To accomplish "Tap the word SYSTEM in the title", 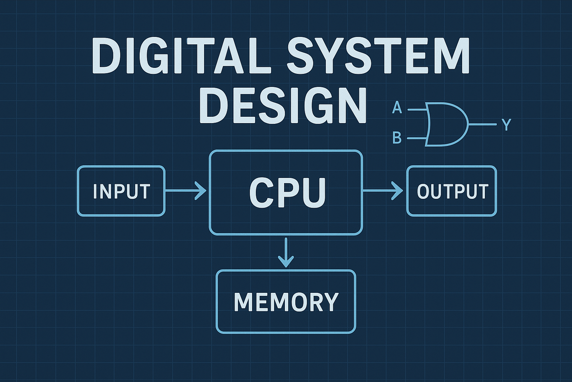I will [x=378, y=56].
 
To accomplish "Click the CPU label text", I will [x=287, y=192].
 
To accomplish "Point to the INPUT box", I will [x=121, y=191].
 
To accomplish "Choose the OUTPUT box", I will [x=451, y=191].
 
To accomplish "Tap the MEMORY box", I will [x=286, y=301].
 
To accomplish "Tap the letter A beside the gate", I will [x=397, y=108].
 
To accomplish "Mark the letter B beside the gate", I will [x=397, y=138].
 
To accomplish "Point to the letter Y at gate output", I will [x=506, y=125].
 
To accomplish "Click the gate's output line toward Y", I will [x=482, y=124].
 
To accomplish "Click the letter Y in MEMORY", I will [x=330, y=302].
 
